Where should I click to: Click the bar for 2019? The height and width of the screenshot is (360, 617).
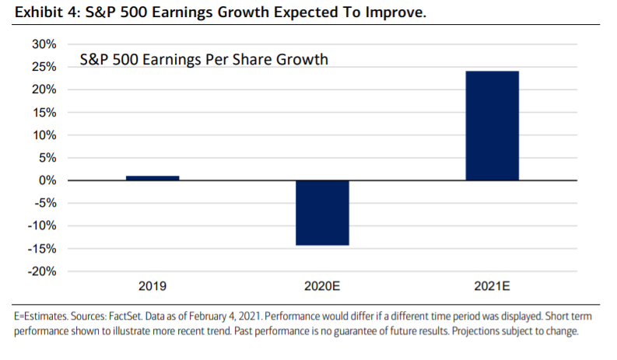pyautogui.click(x=152, y=178)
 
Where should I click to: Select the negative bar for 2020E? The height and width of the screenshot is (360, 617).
pyautogui.click(x=322, y=212)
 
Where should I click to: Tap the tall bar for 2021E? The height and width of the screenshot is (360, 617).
pyautogui.click(x=492, y=126)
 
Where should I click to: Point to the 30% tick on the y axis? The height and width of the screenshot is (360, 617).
pyautogui.click(x=44, y=44)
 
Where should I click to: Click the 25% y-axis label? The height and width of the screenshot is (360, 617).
pyautogui.click(x=44, y=67)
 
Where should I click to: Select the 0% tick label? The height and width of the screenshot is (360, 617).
pyautogui.click(x=47, y=180)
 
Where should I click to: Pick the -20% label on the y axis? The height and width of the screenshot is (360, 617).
pyautogui.click(x=41, y=271)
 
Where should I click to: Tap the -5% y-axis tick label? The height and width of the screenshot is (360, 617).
pyautogui.click(x=44, y=203)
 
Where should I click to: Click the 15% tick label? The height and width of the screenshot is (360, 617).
pyautogui.click(x=44, y=113)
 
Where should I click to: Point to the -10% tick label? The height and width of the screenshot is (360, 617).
pyautogui.click(x=41, y=226)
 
